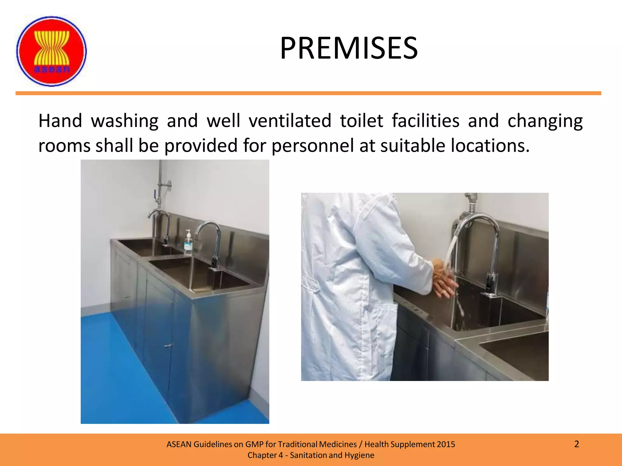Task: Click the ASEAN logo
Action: tap(51, 51)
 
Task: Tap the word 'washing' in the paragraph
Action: tap(125, 121)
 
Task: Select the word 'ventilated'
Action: tap(290, 121)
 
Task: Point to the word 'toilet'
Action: tap(361, 121)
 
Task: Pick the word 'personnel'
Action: tap(313, 146)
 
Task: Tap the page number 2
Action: tap(576, 444)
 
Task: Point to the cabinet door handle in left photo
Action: tap(167, 345)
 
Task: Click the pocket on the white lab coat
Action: tap(386, 328)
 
